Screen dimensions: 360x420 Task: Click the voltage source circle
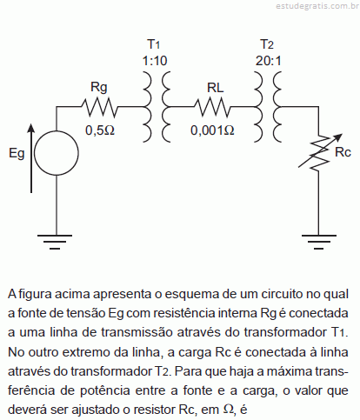click(x=57, y=131)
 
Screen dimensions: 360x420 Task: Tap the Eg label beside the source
click(x=17, y=154)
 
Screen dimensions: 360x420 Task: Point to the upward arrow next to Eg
click(x=31, y=158)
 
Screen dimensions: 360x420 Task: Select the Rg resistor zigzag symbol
click(x=99, y=107)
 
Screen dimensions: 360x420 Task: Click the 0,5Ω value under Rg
click(x=100, y=130)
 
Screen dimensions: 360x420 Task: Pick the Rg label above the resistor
click(x=99, y=87)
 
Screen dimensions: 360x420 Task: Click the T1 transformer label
click(x=154, y=44)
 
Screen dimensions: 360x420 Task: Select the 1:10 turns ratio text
click(x=155, y=61)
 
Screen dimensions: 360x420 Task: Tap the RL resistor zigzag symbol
click(x=212, y=107)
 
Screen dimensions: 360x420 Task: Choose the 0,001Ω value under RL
click(x=212, y=130)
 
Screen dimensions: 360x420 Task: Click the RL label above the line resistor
click(x=216, y=88)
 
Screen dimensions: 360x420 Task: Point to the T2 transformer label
click(x=267, y=44)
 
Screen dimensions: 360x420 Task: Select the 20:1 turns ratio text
click(x=269, y=61)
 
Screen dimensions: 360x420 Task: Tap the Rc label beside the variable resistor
click(x=343, y=152)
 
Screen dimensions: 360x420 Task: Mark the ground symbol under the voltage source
click(x=55, y=242)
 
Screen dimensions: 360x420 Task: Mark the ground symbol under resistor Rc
click(x=319, y=242)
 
